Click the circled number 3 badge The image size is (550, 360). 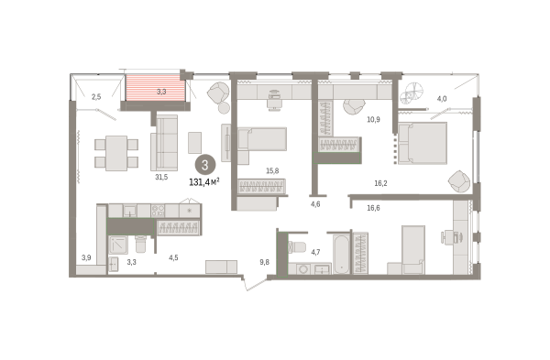[205, 165]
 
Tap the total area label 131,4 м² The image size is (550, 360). [204, 182]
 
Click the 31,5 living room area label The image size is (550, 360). [161, 178]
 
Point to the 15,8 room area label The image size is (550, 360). [272, 171]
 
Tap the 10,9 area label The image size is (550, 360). [373, 119]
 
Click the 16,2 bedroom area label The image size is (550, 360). [380, 183]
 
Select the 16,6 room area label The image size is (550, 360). [373, 208]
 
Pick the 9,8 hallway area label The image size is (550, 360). [265, 262]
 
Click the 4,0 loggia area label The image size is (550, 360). [442, 99]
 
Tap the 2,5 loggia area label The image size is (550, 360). [96, 97]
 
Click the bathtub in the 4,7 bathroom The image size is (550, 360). [341, 254]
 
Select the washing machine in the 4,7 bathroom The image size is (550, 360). [302, 269]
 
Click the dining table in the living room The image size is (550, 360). [116, 153]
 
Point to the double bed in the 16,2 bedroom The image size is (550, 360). [423, 143]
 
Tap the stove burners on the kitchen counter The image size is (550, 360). [158, 211]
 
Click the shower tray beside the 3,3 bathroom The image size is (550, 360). [118, 245]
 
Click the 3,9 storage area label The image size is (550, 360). [86, 258]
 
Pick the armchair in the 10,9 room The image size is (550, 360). [354, 106]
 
